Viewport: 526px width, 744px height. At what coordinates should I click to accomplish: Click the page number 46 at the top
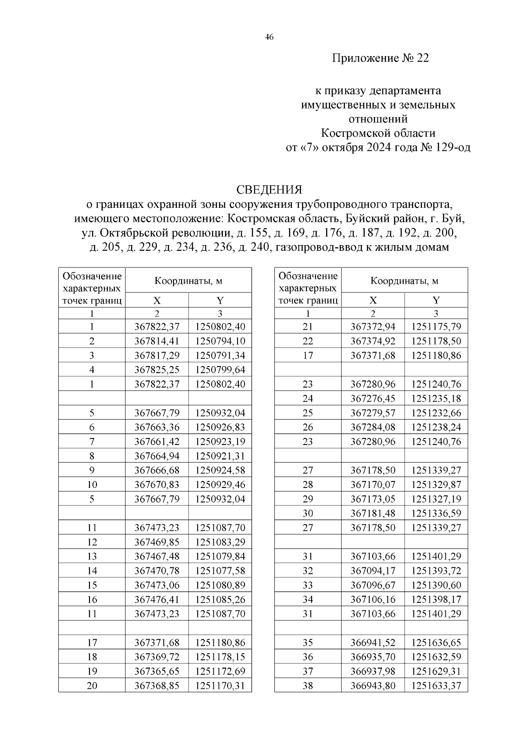pyautogui.click(x=269, y=38)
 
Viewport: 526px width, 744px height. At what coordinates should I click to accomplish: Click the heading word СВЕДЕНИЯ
pyautogui.click(x=269, y=190)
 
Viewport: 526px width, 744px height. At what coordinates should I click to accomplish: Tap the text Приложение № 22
pyautogui.click(x=380, y=58)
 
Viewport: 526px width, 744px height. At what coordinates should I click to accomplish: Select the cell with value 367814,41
pyautogui.click(x=157, y=341)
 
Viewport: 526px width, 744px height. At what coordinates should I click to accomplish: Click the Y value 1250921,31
pyautogui.click(x=220, y=456)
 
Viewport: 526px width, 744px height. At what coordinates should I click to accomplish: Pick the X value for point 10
pyautogui.click(x=157, y=485)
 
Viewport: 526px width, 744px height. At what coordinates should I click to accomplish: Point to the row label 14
pyautogui.click(x=92, y=571)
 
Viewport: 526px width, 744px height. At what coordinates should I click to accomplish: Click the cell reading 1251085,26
pyautogui.click(x=220, y=600)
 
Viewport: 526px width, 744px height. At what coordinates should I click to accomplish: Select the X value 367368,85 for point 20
pyautogui.click(x=157, y=686)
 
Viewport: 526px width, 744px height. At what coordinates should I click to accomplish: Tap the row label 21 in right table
pyautogui.click(x=308, y=327)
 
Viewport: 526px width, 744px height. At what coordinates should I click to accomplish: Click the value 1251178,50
pyautogui.click(x=436, y=341)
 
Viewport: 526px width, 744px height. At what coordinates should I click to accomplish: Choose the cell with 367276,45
pyautogui.click(x=373, y=399)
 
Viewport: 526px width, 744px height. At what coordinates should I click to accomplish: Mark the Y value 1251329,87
pyautogui.click(x=436, y=485)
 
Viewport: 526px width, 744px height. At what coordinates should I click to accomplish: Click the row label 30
pyautogui.click(x=308, y=513)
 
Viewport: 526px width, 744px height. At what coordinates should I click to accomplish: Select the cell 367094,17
pyautogui.click(x=373, y=571)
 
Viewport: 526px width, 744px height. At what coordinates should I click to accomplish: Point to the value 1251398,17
pyautogui.click(x=436, y=600)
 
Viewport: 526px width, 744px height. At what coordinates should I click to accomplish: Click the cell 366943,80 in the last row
pyautogui.click(x=373, y=686)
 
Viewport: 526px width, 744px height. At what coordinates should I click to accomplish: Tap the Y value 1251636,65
pyautogui.click(x=436, y=643)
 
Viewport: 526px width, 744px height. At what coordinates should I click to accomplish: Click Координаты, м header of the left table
pyautogui.click(x=188, y=281)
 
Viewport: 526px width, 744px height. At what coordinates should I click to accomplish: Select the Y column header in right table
pyautogui.click(x=436, y=300)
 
